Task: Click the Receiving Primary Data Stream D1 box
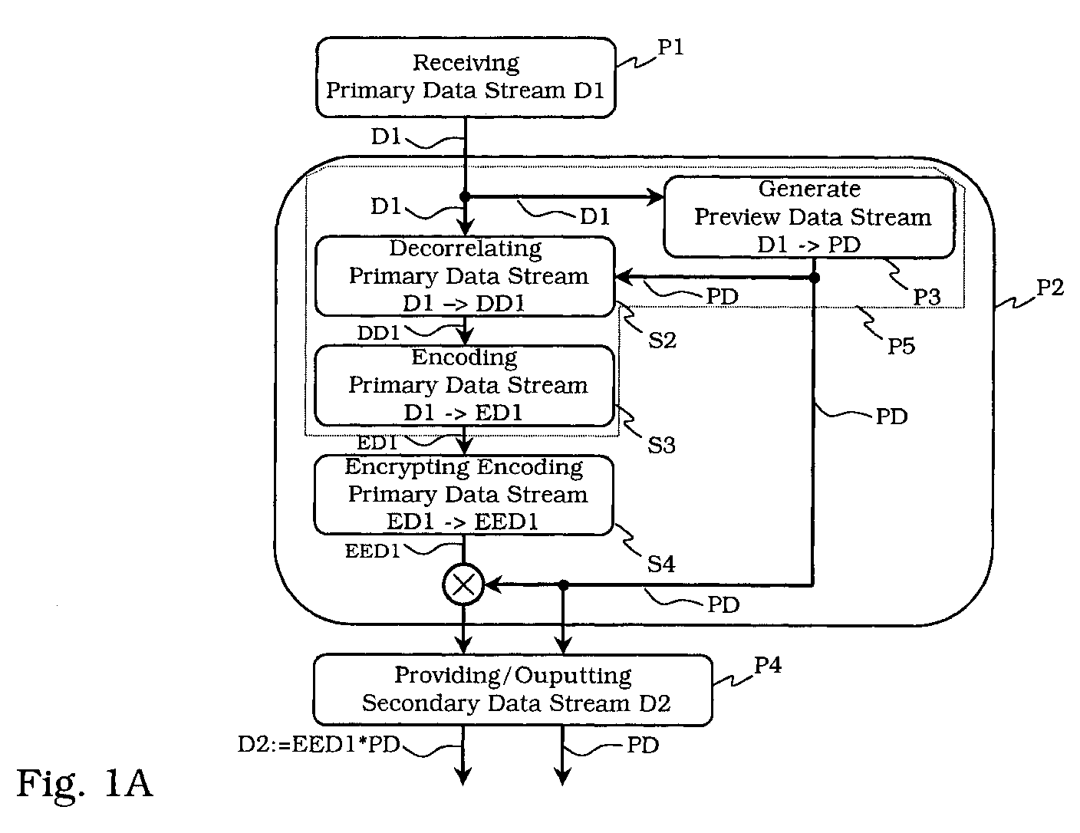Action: pyautogui.click(x=466, y=77)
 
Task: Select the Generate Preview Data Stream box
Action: pyautogui.click(x=809, y=217)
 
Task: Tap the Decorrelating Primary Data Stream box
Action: pyautogui.click(x=465, y=276)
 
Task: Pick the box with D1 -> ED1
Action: pyautogui.click(x=464, y=386)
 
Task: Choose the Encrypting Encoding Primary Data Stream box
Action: pyautogui.click(x=464, y=495)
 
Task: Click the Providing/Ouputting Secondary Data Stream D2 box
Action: pyautogui.click(x=513, y=690)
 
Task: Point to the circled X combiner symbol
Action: pyautogui.click(x=463, y=585)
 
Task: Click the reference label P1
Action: pyautogui.click(x=670, y=48)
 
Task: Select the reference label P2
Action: pyautogui.click(x=1049, y=288)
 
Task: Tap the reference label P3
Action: pyautogui.click(x=927, y=297)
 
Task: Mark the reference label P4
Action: pyautogui.click(x=768, y=665)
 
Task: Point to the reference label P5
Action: pyautogui.click(x=901, y=346)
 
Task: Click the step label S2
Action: pyautogui.click(x=662, y=341)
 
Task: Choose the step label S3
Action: pyautogui.click(x=661, y=446)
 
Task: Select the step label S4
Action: pyautogui.click(x=661, y=564)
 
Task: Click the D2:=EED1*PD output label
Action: pyautogui.click(x=319, y=744)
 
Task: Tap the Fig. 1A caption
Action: pyautogui.click(x=84, y=784)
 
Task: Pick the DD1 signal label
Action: pyautogui.click(x=378, y=333)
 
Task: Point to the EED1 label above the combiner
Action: pyautogui.click(x=373, y=551)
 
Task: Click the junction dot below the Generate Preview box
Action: pyautogui.click(x=814, y=278)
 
